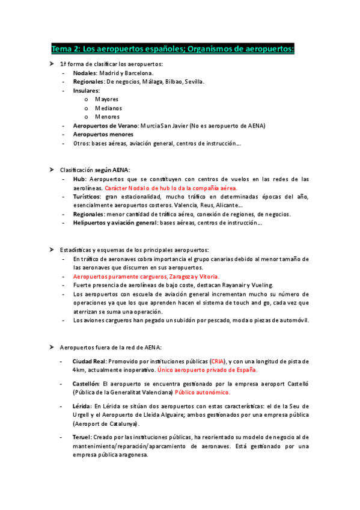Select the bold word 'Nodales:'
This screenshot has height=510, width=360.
[x=85, y=73]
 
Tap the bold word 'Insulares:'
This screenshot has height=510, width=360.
[x=87, y=90]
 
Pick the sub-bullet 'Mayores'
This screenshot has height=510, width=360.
[x=106, y=99]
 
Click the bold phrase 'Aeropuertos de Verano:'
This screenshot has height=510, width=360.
[x=105, y=126]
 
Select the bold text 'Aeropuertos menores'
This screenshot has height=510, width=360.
[x=103, y=135]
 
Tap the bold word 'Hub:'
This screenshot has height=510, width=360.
[x=80, y=179]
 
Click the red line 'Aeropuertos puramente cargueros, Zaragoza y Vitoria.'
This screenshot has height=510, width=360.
[x=141, y=276]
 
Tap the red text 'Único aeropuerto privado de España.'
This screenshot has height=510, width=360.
[x=207, y=370]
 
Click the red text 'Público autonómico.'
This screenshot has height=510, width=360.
[x=203, y=392]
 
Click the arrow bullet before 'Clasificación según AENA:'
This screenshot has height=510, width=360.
[x=52, y=170]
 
